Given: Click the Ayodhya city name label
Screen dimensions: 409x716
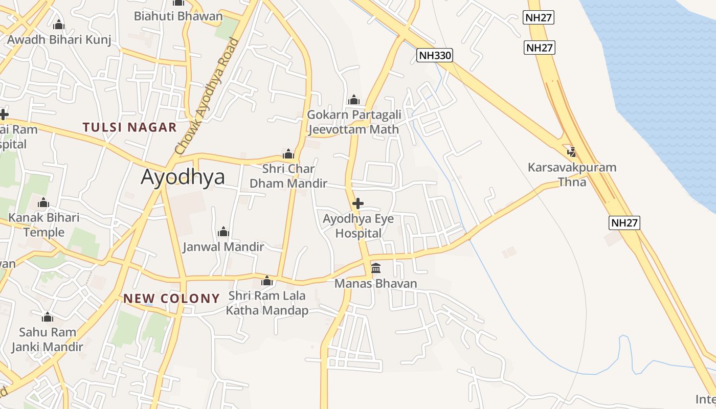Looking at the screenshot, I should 183,177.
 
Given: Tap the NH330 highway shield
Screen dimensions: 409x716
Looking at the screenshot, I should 435,55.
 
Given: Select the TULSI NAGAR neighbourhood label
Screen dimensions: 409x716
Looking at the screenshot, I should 130,127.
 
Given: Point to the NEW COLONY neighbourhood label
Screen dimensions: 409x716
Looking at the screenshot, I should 171,299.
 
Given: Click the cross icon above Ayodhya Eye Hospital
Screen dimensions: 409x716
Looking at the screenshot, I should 358,203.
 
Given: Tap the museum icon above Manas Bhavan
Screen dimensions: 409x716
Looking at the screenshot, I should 376,268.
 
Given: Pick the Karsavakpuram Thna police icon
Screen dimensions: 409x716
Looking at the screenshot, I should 572,152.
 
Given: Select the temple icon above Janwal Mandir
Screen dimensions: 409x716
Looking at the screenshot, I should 223,232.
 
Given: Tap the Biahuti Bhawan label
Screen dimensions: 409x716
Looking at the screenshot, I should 178,16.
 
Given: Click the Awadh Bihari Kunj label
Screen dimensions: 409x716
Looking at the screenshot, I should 59,39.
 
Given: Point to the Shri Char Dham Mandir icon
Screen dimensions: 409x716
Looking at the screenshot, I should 288,154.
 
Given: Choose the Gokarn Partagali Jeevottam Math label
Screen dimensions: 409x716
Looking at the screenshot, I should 353,122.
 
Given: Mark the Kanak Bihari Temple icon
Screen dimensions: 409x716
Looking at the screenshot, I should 43,203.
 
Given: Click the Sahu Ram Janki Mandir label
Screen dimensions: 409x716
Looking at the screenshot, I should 47,339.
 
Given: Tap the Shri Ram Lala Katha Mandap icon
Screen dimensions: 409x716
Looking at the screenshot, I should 267,281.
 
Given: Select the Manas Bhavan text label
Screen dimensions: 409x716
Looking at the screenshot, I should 376,283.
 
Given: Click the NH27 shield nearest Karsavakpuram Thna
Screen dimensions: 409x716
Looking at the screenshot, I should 624,222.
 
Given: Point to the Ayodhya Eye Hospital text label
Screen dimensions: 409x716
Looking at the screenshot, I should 358,226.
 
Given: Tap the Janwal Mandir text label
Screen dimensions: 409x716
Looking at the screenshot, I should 223,246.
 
